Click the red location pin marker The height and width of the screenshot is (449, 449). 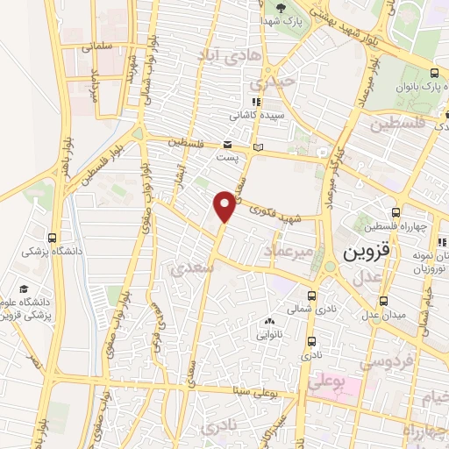225,206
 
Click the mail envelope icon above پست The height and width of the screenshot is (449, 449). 227,145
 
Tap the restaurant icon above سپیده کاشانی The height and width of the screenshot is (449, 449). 256,102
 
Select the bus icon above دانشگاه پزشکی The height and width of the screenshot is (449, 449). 53,238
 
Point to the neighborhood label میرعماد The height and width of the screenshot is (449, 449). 289,253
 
